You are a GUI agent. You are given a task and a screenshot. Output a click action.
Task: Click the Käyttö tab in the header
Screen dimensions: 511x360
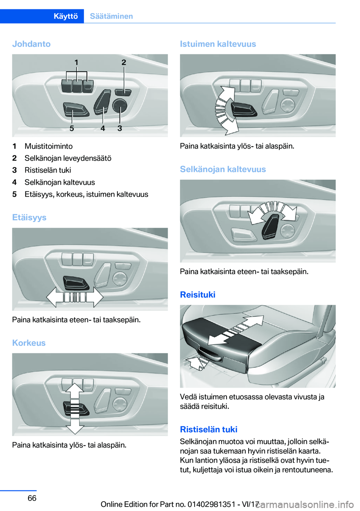click(x=66, y=16)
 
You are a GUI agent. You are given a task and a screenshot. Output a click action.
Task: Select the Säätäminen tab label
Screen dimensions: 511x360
click(x=111, y=16)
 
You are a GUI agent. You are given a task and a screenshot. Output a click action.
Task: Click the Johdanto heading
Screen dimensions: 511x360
click(x=31, y=44)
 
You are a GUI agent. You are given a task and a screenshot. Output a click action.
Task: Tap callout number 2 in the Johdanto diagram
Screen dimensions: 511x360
click(x=124, y=62)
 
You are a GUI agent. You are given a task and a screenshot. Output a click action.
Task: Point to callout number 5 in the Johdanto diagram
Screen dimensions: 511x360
click(x=72, y=128)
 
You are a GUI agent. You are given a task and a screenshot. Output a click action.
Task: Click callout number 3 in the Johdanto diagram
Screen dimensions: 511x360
click(x=120, y=128)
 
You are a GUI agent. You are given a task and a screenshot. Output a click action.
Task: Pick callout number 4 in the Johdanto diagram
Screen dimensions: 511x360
click(x=103, y=128)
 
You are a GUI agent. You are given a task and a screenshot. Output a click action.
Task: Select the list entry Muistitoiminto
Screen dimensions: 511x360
click(x=49, y=146)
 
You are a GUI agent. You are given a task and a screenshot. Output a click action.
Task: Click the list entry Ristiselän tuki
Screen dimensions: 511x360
click(x=48, y=170)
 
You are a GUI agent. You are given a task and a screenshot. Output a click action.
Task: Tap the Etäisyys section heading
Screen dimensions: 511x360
click(x=29, y=218)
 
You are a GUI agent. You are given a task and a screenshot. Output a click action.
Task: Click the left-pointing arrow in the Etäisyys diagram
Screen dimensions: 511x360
click(x=54, y=297)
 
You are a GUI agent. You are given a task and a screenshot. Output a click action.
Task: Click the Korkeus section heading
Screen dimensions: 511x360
click(x=29, y=343)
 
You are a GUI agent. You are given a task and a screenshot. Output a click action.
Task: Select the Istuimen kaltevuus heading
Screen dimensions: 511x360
click(x=218, y=44)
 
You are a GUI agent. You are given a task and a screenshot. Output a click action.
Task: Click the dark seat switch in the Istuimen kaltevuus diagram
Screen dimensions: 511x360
click(x=243, y=109)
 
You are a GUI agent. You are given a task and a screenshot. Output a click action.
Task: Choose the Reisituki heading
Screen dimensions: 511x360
click(x=198, y=295)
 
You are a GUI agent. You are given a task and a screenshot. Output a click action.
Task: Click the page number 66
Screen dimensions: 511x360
click(x=32, y=498)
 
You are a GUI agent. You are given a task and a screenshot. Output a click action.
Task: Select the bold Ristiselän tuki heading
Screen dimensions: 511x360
click(x=208, y=429)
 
